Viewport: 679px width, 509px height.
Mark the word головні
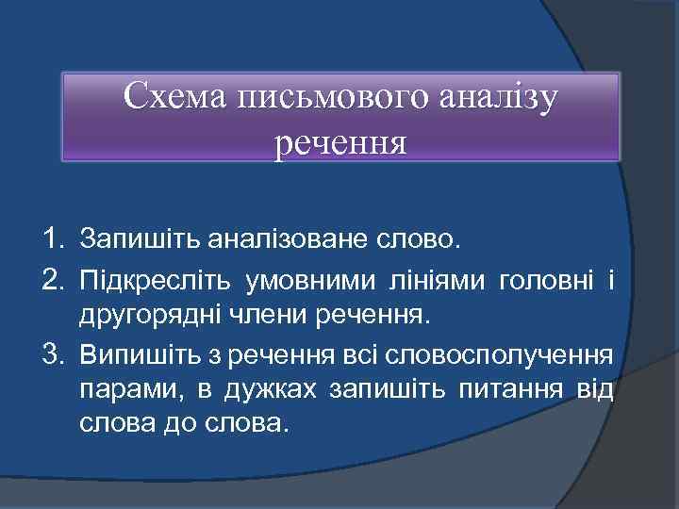(546, 278)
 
